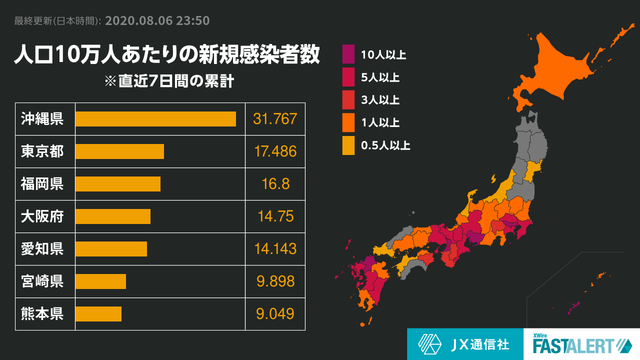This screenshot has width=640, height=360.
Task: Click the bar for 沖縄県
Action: [155, 119]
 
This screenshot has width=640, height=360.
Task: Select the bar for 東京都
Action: [119, 151]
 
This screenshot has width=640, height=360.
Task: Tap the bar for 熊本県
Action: [98, 314]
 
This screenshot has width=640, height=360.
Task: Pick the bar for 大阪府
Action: [113, 216]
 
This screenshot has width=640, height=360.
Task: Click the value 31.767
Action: [275, 119]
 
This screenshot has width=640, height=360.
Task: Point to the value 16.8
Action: [275, 184]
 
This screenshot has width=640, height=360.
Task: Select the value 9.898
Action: [275, 281]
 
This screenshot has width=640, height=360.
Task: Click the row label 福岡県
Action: [42, 184]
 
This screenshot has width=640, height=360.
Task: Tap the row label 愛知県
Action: [42, 249]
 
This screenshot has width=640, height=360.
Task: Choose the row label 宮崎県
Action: [42, 281]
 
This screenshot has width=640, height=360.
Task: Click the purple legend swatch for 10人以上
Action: [348, 54]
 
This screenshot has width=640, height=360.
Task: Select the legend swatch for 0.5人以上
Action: [348, 145]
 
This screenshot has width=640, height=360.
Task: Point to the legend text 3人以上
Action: [380, 100]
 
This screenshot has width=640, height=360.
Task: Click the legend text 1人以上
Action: [380, 123]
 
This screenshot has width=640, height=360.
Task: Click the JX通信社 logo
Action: [465, 344]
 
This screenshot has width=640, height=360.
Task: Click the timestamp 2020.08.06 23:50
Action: [157, 21]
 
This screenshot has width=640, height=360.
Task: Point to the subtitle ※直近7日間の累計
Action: [168, 81]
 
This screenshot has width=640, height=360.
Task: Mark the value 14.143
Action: [275, 249]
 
